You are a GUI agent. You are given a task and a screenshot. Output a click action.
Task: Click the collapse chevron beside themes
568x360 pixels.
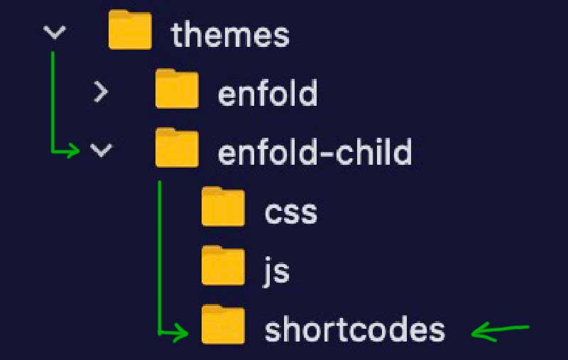click(55, 33)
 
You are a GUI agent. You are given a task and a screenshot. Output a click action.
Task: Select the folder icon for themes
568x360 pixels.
click(130, 32)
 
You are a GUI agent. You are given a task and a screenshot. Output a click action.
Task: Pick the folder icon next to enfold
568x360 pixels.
click(177, 89)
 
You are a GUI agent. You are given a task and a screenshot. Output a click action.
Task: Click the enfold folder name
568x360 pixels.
click(267, 94)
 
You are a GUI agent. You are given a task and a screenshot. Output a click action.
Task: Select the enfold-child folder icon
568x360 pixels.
click(177, 148)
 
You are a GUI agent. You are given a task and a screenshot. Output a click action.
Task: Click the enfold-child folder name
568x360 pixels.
click(315, 152)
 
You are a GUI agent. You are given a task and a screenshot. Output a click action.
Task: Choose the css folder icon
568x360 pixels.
click(223, 208)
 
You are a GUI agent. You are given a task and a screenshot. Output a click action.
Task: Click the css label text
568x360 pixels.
click(290, 212)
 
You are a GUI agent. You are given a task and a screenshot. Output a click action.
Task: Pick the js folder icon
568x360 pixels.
click(223, 267)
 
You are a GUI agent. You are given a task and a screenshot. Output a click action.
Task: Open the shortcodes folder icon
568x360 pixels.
click(223, 326)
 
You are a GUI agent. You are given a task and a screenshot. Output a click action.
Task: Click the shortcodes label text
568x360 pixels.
click(355, 330)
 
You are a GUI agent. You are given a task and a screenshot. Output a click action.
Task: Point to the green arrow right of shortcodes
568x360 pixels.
click(501, 329)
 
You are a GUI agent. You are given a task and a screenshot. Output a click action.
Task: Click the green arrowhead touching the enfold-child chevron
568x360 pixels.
click(74, 150)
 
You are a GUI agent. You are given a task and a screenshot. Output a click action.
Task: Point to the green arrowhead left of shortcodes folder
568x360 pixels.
click(182, 331)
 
